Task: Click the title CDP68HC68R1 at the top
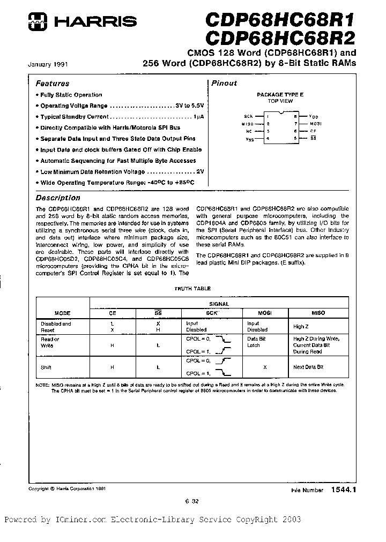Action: coord(281,21)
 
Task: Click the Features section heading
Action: coord(52,84)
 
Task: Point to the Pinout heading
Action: coord(224,84)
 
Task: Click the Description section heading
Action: coord(57,198)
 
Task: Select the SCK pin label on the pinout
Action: coord(248,116)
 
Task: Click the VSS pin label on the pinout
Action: coord(248,139)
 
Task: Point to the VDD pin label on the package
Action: coord(314,116)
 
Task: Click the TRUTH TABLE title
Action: coord(192,289)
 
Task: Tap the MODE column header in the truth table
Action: coord(62,312)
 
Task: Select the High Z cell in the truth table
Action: coord(301,327)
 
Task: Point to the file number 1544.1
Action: coord(343,490)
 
